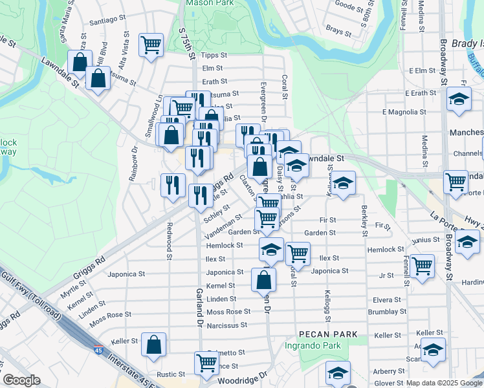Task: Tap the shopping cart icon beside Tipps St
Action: click(x=151, y=45)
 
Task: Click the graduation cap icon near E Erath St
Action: click(x=459, y=100)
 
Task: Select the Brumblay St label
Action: click(x=388, y=312)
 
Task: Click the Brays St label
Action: click(x=338, y=30)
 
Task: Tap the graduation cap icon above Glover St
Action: click(x=338, y=372)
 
